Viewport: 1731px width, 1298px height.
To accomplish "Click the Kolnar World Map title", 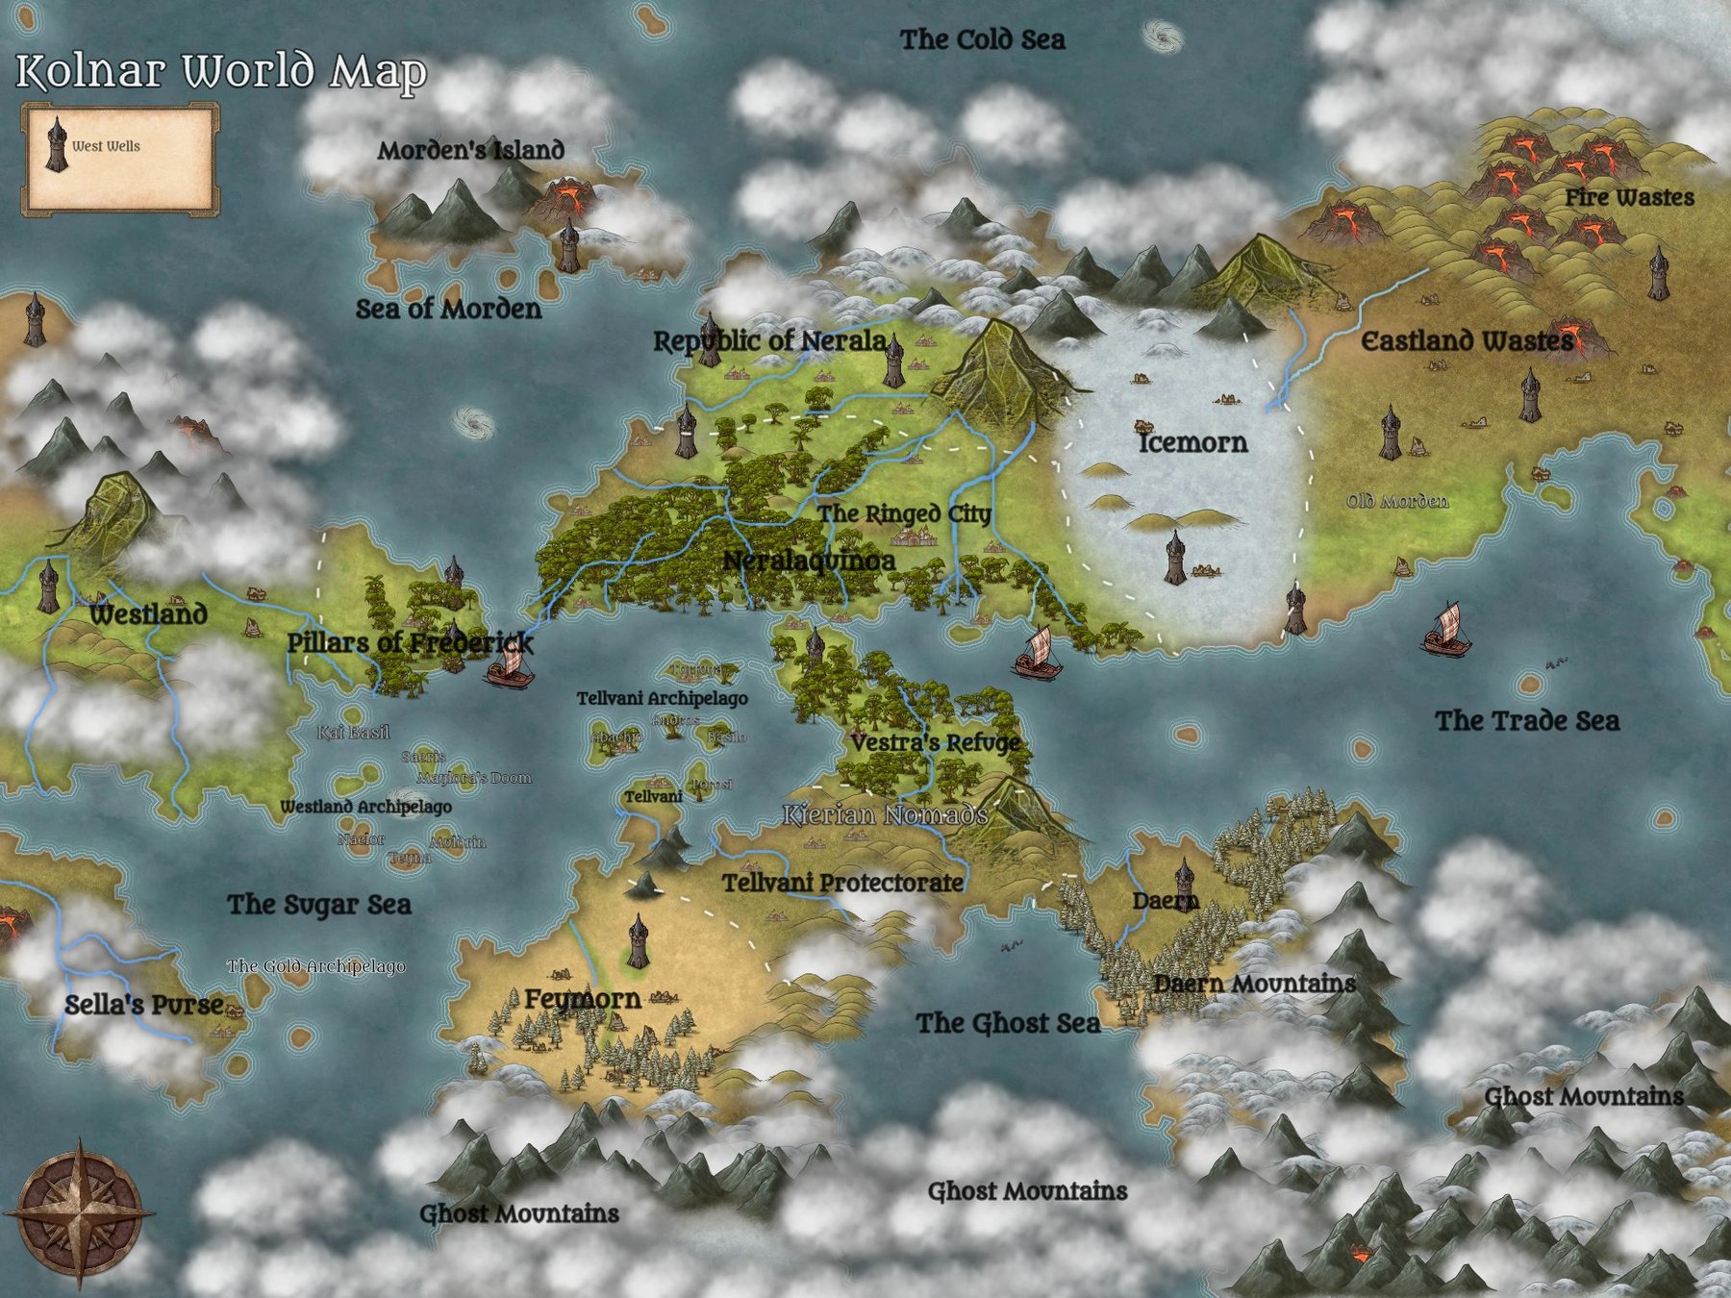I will click(221, 72).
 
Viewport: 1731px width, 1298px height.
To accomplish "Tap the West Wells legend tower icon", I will click(58, 146).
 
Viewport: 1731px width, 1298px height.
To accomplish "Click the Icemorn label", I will click(1192, 443).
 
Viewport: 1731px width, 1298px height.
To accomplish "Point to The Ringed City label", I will click(904, 514).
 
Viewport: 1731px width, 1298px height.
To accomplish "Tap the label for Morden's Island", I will click(470, 151).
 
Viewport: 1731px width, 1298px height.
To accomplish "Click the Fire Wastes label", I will click(1629, 198).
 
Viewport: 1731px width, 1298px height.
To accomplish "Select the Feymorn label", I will click(583, 1000).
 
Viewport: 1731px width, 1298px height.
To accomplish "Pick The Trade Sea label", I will click(1527, 721).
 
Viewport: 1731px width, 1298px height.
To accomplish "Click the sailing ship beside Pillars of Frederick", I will click(509, 665).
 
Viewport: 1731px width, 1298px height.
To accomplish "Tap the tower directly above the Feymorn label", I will click(638, 941).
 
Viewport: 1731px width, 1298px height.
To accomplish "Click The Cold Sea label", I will click(982, 40).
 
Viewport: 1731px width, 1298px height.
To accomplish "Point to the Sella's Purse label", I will click(144, 1006).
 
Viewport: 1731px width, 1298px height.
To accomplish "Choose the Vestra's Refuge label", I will click(935, 743).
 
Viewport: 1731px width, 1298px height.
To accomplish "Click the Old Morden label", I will click(1396, 502).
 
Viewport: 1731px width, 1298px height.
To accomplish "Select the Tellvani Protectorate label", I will click(842, 883).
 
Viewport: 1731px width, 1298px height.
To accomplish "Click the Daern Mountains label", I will click(1254, 984).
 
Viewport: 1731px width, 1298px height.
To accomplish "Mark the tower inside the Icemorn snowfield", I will click(1174, 558).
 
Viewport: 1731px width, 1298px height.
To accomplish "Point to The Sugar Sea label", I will click(319, 905).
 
